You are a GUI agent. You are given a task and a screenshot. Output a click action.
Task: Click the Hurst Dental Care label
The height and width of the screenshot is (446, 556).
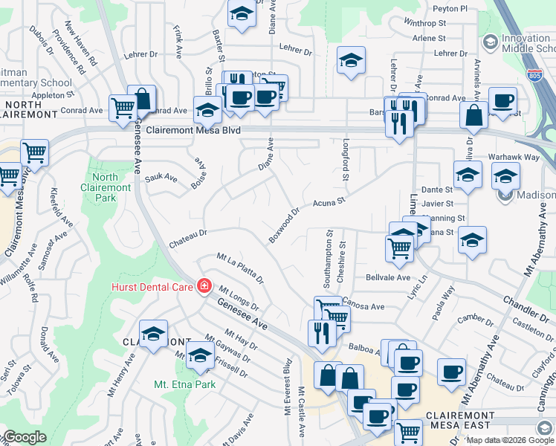click(x=153, y=287)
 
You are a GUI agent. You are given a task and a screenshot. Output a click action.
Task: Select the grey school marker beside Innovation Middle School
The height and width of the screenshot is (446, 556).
click(x=490, y=42)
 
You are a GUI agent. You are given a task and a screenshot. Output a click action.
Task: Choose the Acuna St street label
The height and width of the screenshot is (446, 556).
click(x=329, y=201)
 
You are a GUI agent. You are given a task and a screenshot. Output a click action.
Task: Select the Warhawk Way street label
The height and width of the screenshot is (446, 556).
click(x=514, y=158)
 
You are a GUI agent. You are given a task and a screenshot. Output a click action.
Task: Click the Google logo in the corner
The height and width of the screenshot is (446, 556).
click(x=24, y=437)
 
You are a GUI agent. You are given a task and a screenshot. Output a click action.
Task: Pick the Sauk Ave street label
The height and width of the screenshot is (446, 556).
click(x=161, y=178)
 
